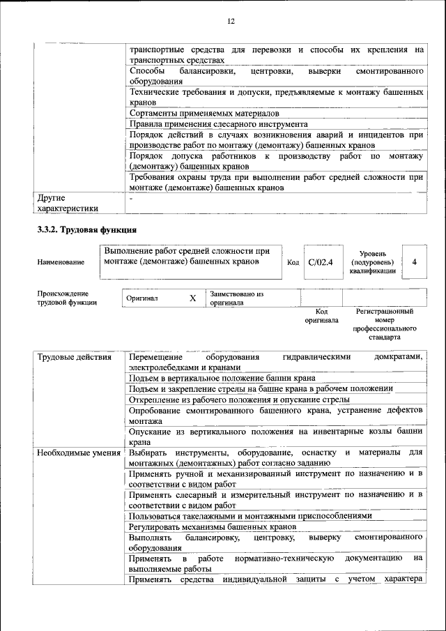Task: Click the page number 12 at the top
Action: [231, 21]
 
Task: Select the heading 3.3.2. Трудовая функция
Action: [87, 229]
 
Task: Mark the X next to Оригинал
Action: [193, 298]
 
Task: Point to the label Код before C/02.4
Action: [293, 263]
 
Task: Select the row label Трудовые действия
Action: [75, 357]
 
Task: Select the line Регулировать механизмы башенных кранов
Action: [213, 527]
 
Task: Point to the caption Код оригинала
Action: [321, 316]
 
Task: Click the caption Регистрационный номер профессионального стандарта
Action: [384, 324]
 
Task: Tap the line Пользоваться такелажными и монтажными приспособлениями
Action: [250, 515]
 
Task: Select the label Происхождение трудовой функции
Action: [67, 298]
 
